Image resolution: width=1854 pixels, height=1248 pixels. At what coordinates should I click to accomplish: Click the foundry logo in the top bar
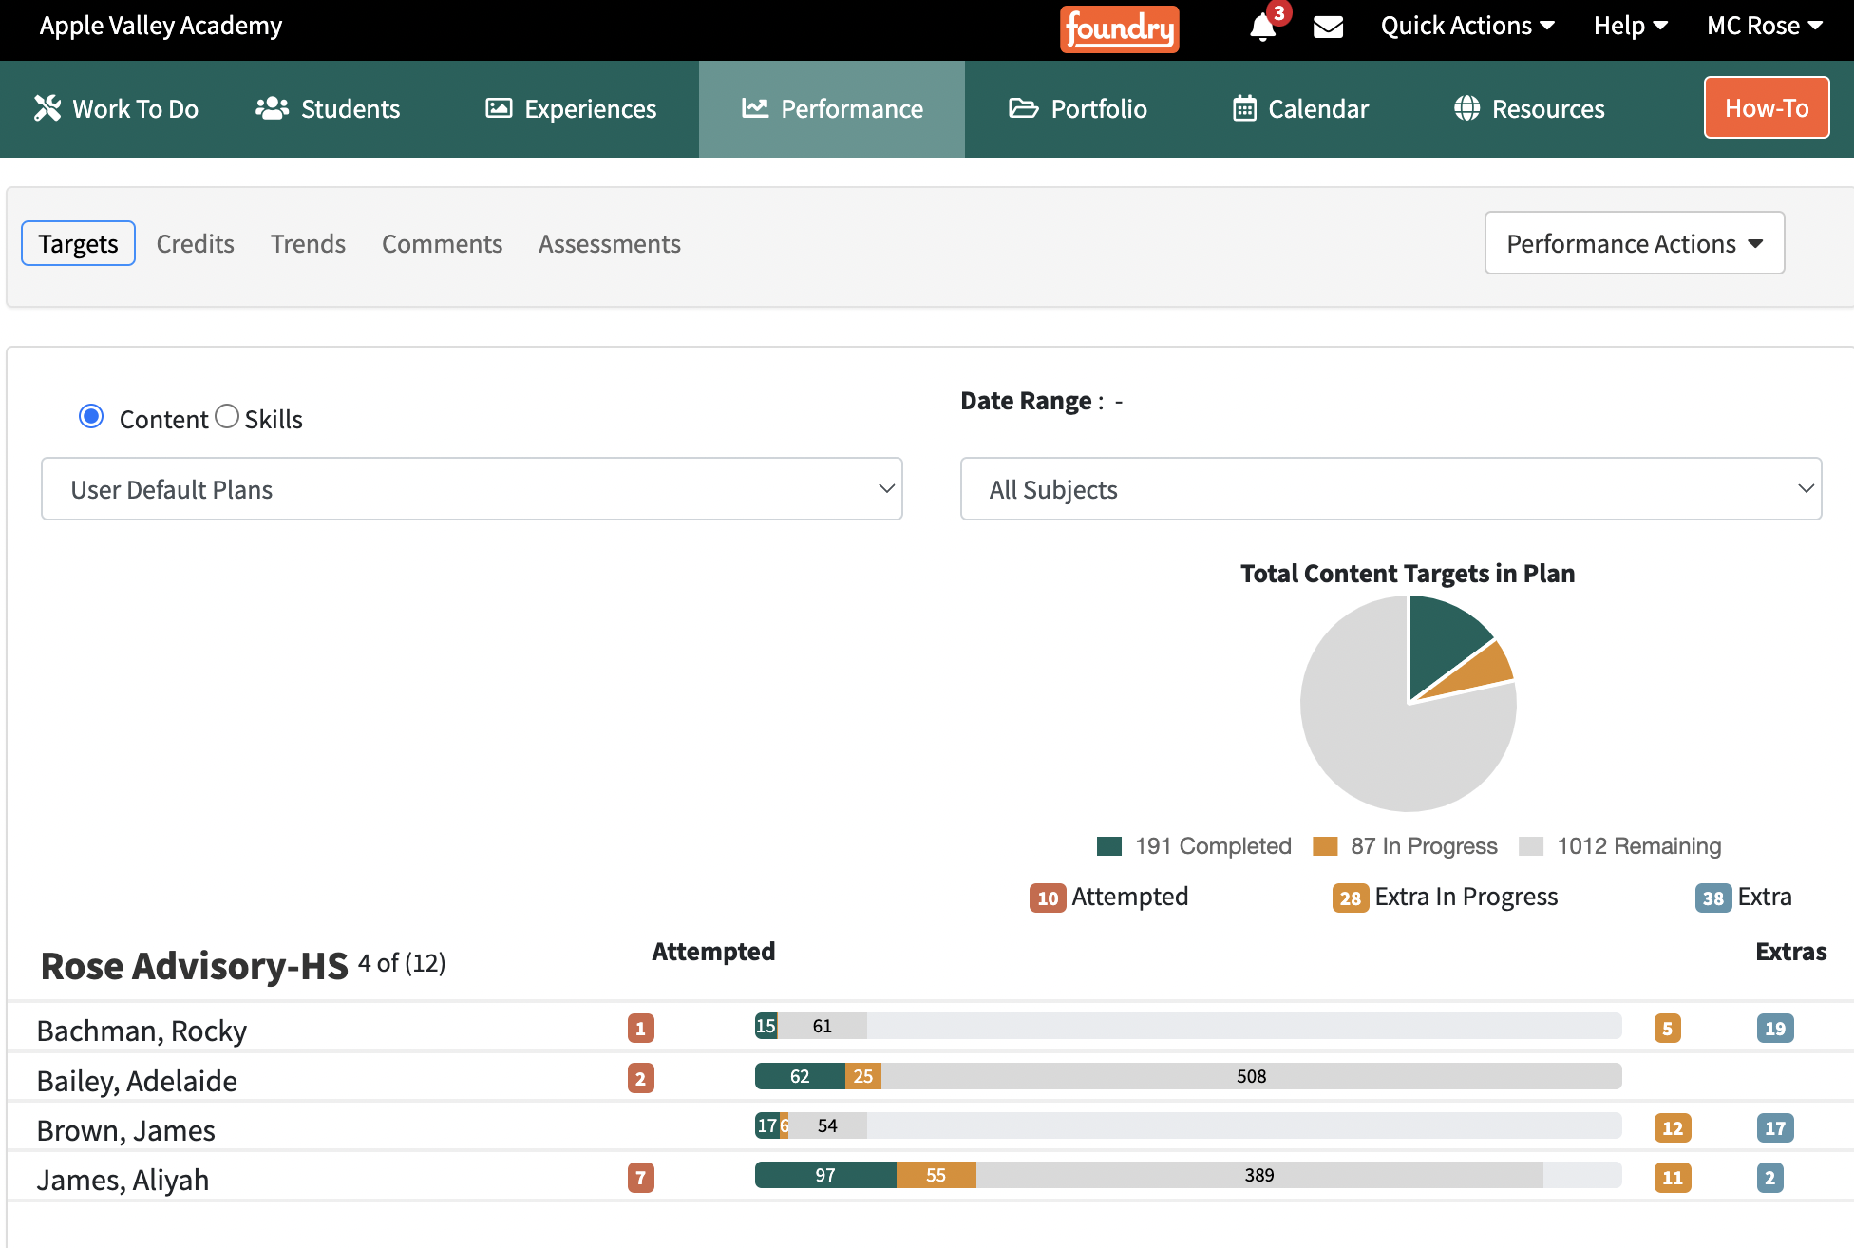[x=1119, y=28]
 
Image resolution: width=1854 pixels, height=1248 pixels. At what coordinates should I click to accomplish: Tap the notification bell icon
[x=1262, y=27]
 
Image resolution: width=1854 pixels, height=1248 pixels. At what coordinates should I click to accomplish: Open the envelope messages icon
[x=1328, y=27]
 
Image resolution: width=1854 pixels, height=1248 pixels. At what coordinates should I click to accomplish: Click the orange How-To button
[x=1766, y=107]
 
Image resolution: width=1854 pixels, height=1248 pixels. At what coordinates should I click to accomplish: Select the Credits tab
[x=195, y=244]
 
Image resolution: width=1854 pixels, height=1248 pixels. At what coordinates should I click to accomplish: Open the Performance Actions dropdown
[x=1634, y=243]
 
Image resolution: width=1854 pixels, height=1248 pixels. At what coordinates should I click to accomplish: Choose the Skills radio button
[x=227, y=417]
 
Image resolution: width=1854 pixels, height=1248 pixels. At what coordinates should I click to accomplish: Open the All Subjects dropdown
[x=1390, y=489]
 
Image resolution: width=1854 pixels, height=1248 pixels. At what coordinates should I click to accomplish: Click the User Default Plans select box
[x=471, y=489]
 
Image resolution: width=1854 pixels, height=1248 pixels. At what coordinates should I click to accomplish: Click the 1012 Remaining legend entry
[x=1620, y=846]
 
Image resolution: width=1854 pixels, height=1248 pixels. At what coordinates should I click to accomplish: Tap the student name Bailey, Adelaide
[x=137, y=1081]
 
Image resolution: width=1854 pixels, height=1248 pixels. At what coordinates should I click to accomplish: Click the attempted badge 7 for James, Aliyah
[x=641, y=1178]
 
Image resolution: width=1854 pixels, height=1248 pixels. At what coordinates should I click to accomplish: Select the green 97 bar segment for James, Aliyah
[x=824, y=1175]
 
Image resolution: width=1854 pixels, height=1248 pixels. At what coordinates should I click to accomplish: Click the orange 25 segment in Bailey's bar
[x=862, y=1076]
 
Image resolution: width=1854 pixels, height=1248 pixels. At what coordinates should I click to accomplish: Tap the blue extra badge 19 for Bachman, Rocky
[x=1774, y=1029]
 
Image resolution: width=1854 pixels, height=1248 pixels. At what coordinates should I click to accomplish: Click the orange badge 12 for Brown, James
[x=1673, y=1128]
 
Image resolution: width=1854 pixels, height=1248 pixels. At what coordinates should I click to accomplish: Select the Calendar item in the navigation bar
[x=1300, y=109]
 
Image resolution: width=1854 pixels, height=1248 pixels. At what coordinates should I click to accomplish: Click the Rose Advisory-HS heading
[x=195, y=966]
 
